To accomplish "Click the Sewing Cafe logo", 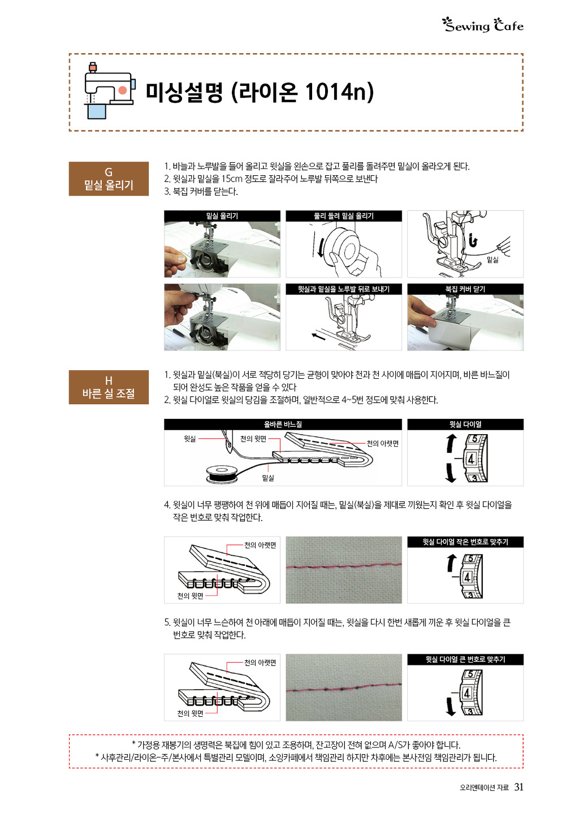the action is [482, 25].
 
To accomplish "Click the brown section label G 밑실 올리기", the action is [109, 179].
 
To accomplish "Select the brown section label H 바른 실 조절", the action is [109, 387].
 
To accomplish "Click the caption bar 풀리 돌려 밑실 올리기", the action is [344, 216].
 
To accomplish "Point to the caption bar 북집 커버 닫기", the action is [465, 289].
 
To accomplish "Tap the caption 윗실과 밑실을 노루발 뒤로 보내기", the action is [344, 289].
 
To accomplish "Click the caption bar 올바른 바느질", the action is [283, 425].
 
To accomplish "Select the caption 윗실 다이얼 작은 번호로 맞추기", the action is [465, 542].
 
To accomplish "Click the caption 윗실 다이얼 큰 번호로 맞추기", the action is [465, 660].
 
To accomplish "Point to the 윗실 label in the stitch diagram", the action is [190, 439].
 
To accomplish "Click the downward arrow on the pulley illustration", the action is [319, 245].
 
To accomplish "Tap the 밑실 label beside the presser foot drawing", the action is [492, 259].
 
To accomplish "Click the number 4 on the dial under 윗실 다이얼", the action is [471, 459].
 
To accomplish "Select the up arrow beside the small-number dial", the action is [452, 562].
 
